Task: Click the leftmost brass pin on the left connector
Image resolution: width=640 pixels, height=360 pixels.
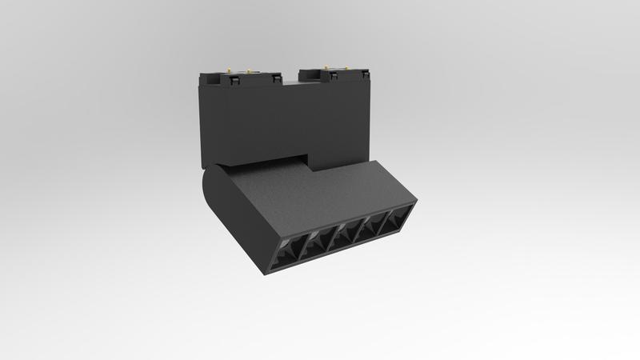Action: [x=229, y=70]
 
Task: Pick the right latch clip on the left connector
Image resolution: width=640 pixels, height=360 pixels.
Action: [x=275, y=78]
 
